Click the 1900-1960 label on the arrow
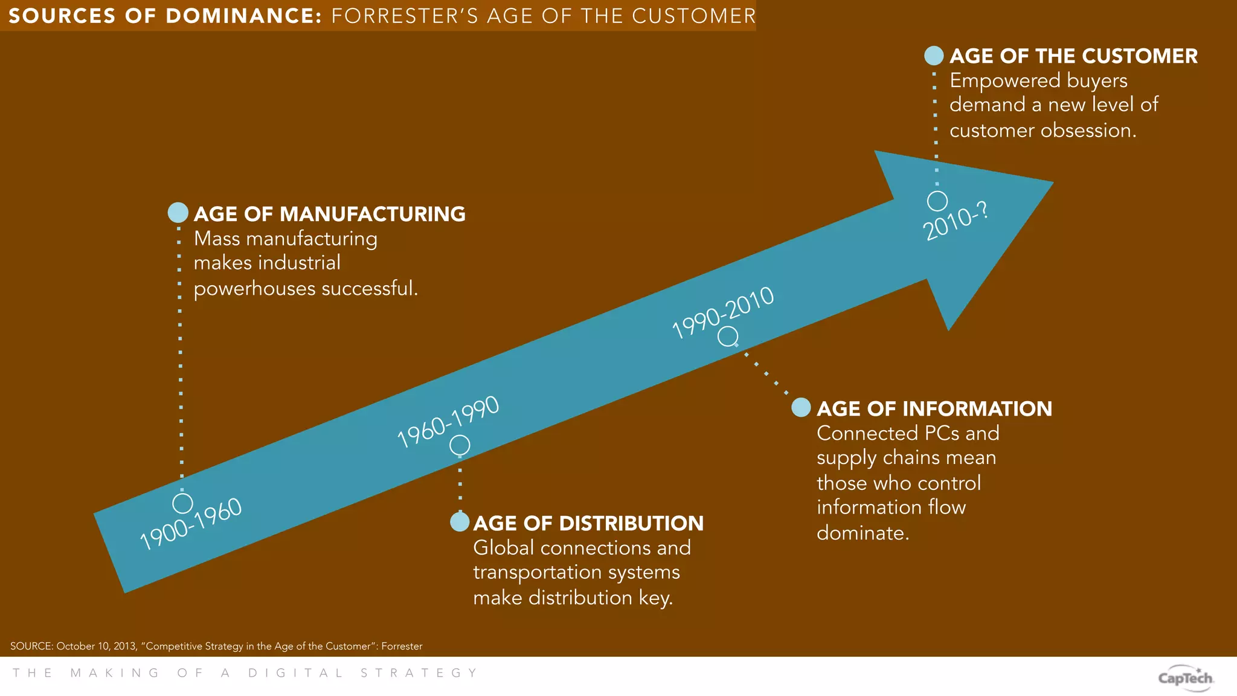[191, 524]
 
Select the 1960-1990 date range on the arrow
[448, 422]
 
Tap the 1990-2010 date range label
[723, 312]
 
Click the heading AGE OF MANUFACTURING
[329, 214]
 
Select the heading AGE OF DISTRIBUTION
[588, 523]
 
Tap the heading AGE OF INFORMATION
[934, 408]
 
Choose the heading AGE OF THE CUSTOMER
[1073, 56]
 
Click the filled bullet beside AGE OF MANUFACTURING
[178, 213]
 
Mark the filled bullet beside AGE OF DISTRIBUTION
[460, 522]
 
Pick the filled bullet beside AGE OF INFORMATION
[802, 407]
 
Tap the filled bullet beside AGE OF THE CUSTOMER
[934, 56]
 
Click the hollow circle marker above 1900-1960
[182, 503]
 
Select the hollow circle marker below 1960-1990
[460, 445]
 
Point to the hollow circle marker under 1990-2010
[728, 336]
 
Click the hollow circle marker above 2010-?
[937, 201]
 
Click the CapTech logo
[1185, 678]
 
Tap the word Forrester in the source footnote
[402, 646]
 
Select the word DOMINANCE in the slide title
[243, 16]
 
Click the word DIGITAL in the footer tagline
[295, 673]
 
